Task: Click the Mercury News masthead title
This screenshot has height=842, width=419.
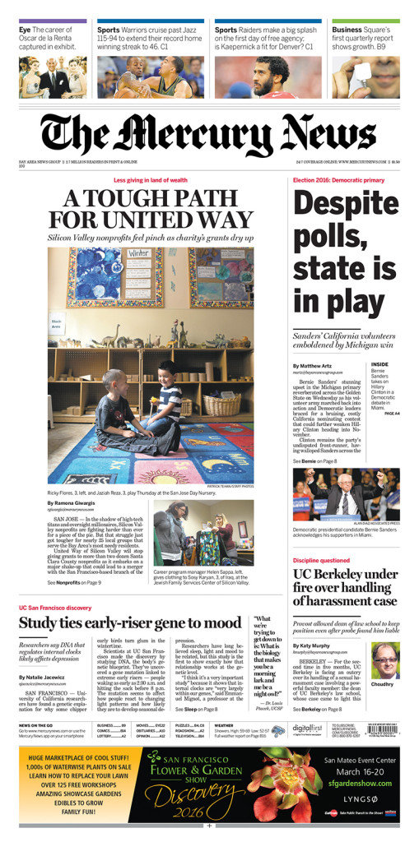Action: [209, 134]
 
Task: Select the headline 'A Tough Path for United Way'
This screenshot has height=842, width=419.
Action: [150, 210]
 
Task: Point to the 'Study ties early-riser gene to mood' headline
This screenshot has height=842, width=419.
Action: [130, 622]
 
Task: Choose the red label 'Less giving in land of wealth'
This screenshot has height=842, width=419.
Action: [150, 179]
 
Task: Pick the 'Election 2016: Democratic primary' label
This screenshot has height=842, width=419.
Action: [338, 179]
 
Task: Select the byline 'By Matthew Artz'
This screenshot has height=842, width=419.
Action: [313, 365]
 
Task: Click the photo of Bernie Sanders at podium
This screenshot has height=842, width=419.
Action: [346, 493]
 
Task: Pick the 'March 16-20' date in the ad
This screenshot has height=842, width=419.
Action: [359, 772]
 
